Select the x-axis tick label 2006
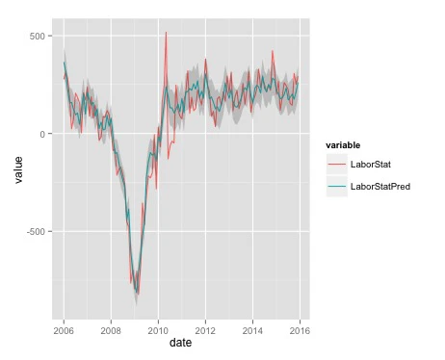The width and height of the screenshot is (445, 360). tap(64, 329)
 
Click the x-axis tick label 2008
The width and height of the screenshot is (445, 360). tap(111, 329)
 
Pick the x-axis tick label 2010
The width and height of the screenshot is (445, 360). tap(158, 329)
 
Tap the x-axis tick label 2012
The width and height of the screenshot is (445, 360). tap(205, 329)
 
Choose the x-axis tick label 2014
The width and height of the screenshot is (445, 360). tap(252, 329)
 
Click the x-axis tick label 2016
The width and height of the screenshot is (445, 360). tap(300, 329)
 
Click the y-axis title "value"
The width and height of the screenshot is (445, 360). tap(17, 172)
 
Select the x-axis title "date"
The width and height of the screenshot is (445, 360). tap(181, 343)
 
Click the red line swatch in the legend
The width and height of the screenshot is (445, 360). tap(336, 165)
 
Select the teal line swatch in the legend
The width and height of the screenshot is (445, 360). tap(336, 187)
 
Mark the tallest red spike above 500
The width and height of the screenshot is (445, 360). tap(166, 33)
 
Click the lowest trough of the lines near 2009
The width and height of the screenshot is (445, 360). tap(137, 293)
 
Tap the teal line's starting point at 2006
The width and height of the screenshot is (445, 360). tap(64, 64)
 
